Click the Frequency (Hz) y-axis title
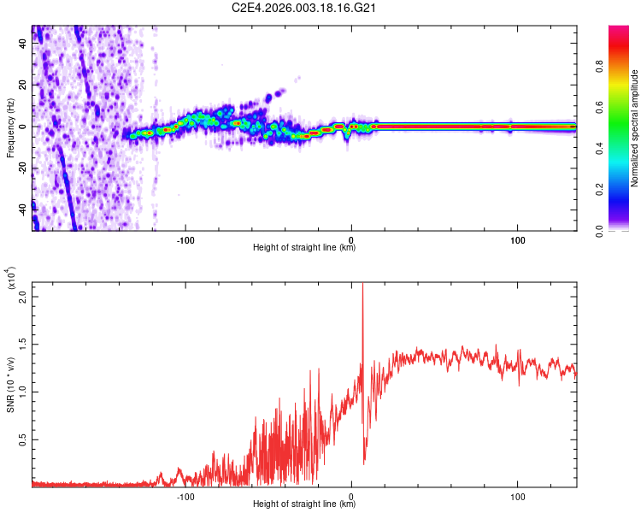[10, 128]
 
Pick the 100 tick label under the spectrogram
[517, 239]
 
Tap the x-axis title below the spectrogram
[304, 248]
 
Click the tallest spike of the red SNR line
[362, 286]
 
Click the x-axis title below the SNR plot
[304, 504]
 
